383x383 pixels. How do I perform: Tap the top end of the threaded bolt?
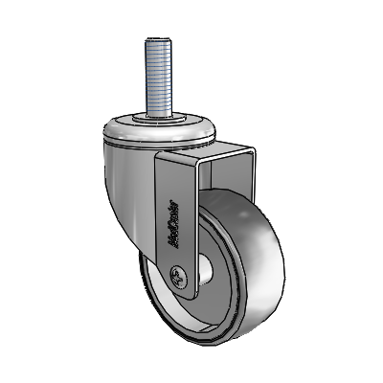(x=156, y=39)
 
